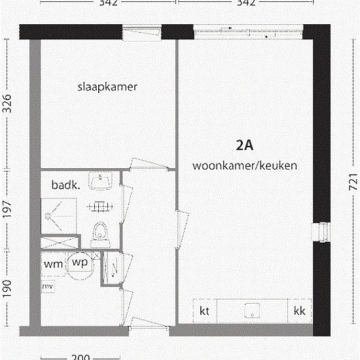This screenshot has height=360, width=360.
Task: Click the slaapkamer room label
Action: coord(108,86)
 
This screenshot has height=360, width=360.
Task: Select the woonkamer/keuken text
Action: coord(245,166)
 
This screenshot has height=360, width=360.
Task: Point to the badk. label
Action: coord(66,185)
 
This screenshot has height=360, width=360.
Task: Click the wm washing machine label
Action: coord(53,264)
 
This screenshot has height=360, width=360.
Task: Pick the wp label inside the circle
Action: coord(80,262)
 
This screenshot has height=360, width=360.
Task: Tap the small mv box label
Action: coord(48,287)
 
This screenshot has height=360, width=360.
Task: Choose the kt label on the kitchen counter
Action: coord(204,310)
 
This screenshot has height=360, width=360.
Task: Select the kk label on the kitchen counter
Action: coord(300,310)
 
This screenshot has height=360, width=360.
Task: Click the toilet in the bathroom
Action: coord(100,231)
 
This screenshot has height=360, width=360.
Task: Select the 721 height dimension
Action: coord(346,177)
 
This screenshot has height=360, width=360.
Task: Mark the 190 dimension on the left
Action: coord(9,287)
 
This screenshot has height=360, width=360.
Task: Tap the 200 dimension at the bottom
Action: coord(79,357)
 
